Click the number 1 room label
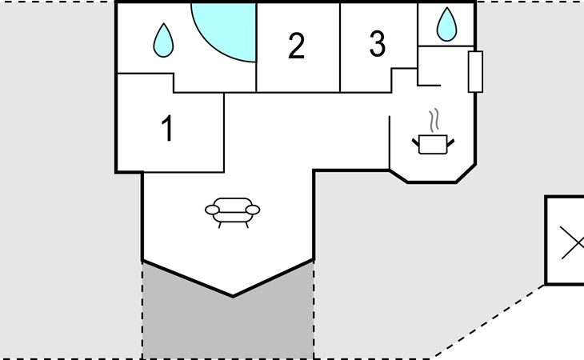tap(168, 128)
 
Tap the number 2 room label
tap(297, 46)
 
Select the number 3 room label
tap(378, 43)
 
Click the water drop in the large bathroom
tap(163, 40)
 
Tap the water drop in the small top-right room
tap(446, 24)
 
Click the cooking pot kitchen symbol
tap(433, 145)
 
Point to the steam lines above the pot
tap(434, 120)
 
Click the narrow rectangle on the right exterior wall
tap(476, 71)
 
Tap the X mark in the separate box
tap(573, 243)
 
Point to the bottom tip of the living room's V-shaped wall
tap(233, 296)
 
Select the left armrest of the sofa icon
tap(212, 210)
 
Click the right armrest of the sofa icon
tap(253, 210)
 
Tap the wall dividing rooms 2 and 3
tap(340, 47)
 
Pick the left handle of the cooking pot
tap(416, 142)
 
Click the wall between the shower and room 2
tap(256, 47)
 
